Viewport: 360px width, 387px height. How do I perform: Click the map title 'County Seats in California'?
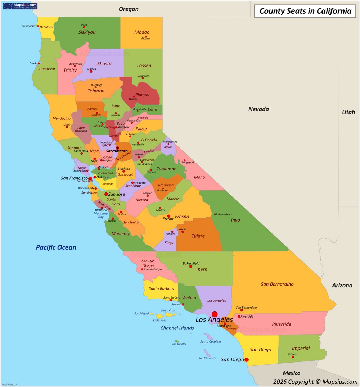point(305,11)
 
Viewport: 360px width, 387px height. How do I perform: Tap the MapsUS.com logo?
point(20,6)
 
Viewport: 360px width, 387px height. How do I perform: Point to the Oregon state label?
point(129,9)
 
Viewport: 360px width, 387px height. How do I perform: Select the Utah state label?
point(348,112)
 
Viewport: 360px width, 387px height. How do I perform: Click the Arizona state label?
point(342,285)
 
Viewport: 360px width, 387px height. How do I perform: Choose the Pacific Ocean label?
point(56,247)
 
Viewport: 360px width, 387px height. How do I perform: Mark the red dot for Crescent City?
point(38,26)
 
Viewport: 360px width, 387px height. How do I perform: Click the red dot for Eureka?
point(39,63)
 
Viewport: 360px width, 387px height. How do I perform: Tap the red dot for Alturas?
point(146,36)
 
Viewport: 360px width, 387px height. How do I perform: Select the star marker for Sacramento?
point(117,148)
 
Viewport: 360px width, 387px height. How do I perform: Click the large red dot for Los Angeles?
point(215,314)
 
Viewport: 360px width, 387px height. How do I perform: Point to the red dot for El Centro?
point(293,357)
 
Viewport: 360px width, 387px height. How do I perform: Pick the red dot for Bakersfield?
point(190,266)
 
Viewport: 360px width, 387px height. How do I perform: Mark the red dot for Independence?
point(215,214)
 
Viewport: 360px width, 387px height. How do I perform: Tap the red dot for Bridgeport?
point(185,160)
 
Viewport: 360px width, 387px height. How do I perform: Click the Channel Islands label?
point(177,328)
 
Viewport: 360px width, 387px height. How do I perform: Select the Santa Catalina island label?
point(210,342)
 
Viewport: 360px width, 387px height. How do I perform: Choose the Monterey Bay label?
point(101,215)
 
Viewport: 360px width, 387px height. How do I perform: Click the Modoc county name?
point(142,32)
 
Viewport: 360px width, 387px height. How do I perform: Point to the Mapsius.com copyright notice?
point(315,382)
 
